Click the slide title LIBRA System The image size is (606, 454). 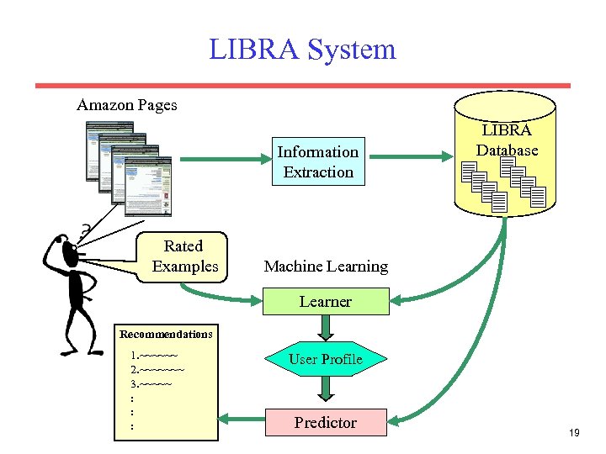click(x=302, y=49)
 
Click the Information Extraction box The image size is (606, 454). click(x=318, y=161)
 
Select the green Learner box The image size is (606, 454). click(x=326, y=301)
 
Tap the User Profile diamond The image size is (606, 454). click(x=326, y=360)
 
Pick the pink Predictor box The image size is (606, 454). click(x=326, y=423)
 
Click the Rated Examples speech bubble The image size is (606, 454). click(x=184, y=256)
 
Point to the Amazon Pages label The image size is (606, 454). click(x=127, y=105)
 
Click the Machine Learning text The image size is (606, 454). click(x=326, y=267)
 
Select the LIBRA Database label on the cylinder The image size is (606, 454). click(x=507, y=140)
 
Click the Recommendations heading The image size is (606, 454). click(x=166, y=335)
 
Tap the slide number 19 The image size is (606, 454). click(x=575, y=433)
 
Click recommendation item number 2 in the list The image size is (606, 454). click(x=157, y=370)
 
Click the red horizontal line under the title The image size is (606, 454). click(x=302, y=85)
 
